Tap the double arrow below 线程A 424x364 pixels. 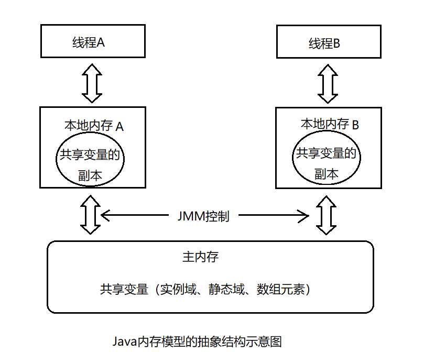click(92, 82)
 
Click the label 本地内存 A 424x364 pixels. click(94, 126)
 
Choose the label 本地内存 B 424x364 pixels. click(330, 125)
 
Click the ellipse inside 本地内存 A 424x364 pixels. click(91, 162)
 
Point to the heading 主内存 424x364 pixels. click(200, 258)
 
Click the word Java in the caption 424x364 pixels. click(125, 342)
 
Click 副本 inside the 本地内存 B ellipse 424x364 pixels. click(326, 174)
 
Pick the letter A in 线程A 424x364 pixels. click(101, 42)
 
